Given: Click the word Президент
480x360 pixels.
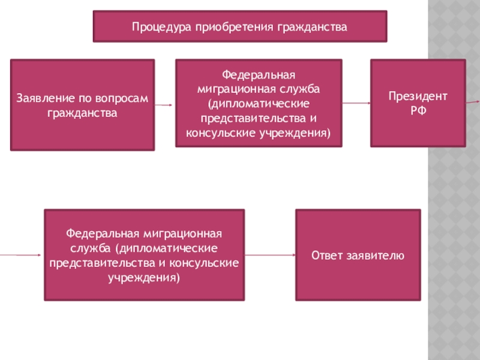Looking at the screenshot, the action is (x=418, y=97).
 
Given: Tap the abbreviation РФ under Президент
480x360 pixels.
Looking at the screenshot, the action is (x=418, y=110).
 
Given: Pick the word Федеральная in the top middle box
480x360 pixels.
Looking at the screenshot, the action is (x=259, y=76).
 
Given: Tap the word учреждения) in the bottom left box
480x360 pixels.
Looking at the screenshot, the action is (x=144, y=277).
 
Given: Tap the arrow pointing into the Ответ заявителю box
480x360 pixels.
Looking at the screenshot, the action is (x=271, y=255).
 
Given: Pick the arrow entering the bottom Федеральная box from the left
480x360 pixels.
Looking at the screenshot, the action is (x=22, y=255).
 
